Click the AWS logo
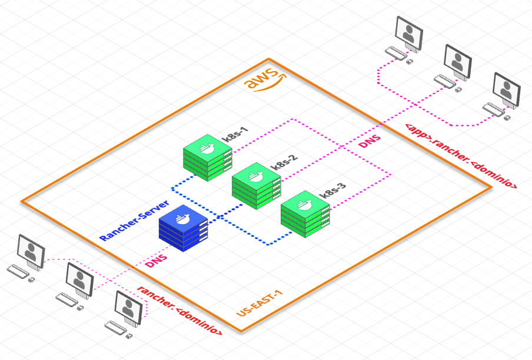[264, 81]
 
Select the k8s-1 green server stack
[207, 156]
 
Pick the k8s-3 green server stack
[304, 212]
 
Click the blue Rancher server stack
[183, 229]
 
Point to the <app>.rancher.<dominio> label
[461, 156]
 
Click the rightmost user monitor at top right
[506, 89]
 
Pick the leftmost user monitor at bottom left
[31, 249]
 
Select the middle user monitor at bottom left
[79, 278]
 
